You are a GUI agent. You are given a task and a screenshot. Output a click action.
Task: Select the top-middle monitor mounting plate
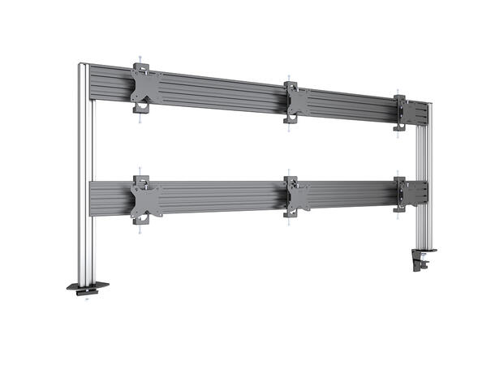(296, 102)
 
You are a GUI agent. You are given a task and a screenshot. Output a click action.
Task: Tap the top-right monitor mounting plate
(401, 111)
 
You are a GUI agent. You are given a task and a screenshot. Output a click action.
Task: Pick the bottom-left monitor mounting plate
(146, 199)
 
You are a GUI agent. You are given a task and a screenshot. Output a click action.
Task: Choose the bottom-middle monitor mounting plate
(297, 197)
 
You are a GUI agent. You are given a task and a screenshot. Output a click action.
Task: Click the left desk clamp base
(87, 287)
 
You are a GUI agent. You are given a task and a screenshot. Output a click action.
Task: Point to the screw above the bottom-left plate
(140, 171)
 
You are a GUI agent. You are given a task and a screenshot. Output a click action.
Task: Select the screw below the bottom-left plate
(141, 229)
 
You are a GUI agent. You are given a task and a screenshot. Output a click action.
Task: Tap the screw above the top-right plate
(398, 92)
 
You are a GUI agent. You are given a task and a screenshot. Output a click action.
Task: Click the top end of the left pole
(84, 63)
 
